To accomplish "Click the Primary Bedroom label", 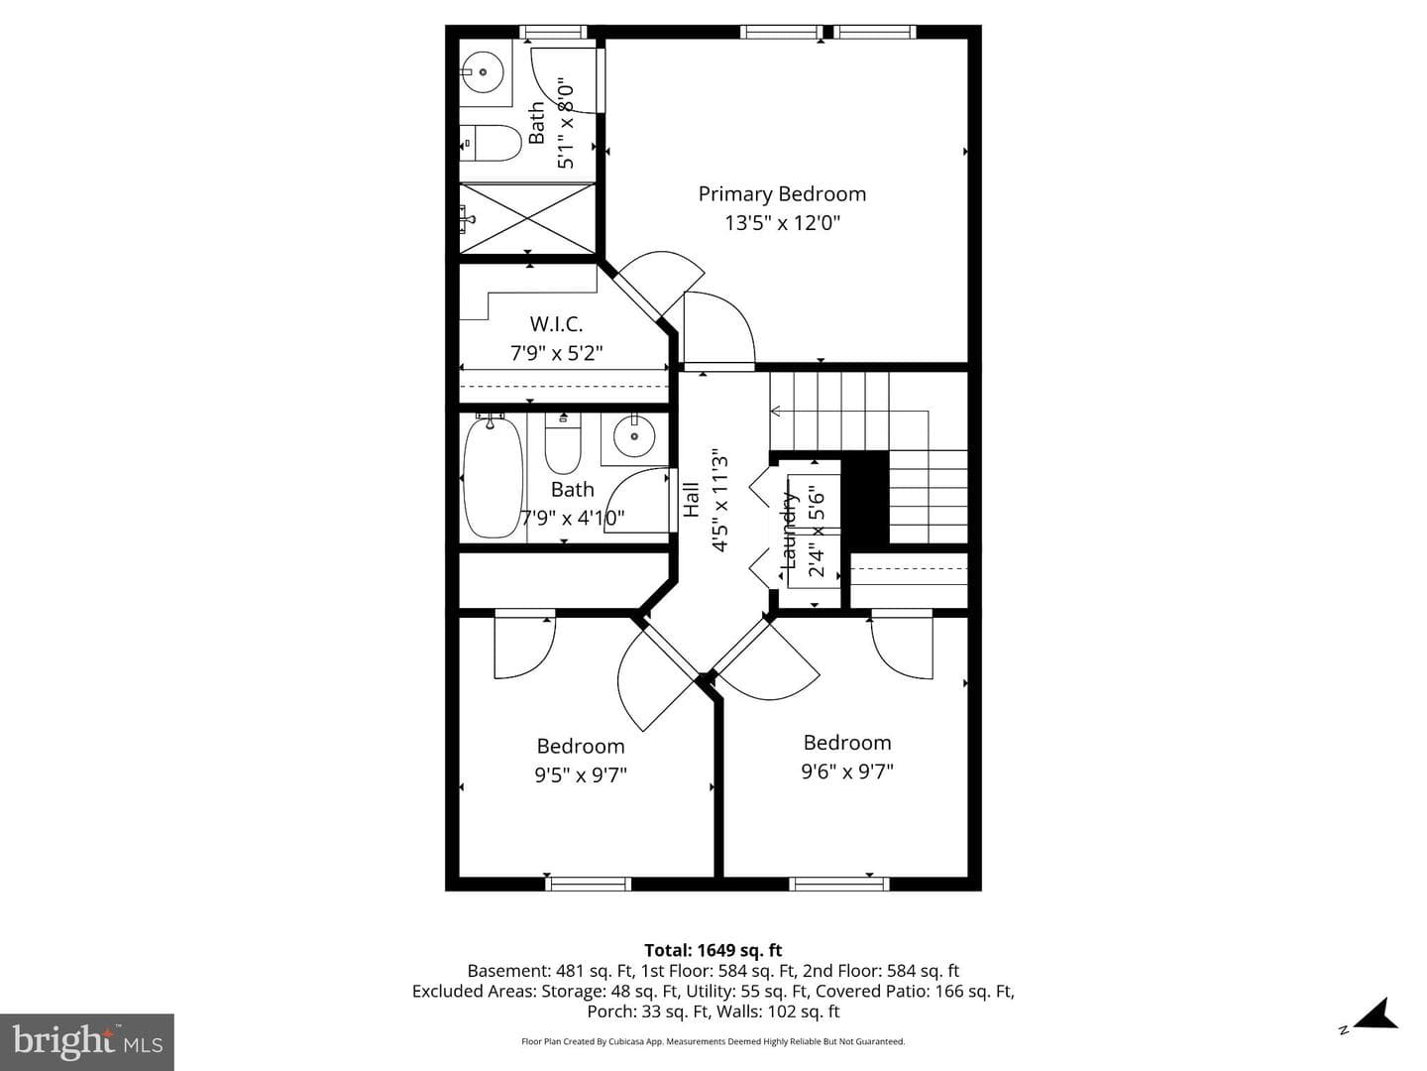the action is (x=782, y=193).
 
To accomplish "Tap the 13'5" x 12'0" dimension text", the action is (x=782, y=223).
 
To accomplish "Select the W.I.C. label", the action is (x=556, y=324).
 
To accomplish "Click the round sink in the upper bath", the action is (x=483, y=72).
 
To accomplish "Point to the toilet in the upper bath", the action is (x=491, y=143).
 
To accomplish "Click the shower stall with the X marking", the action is (x=527, y=218).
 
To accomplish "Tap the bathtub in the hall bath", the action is (x=493, y=478).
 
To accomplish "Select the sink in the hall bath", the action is (x=634, y=436).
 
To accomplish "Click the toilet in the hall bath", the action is (x=563, y=443).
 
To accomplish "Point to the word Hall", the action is (x=692, y=500).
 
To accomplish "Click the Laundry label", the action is (x=789, y=531).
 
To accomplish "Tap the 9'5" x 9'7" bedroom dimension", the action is (x=581, y=775).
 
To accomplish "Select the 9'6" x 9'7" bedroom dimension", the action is (x=847, y=772).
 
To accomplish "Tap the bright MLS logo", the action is (x=87, y=1042).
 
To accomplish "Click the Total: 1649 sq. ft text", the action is (x=713, y=951).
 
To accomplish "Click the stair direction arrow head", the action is (x=775, y=411).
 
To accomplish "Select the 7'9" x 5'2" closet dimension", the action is (x=557, y=353).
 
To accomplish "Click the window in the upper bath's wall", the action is (x=553, y=32).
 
